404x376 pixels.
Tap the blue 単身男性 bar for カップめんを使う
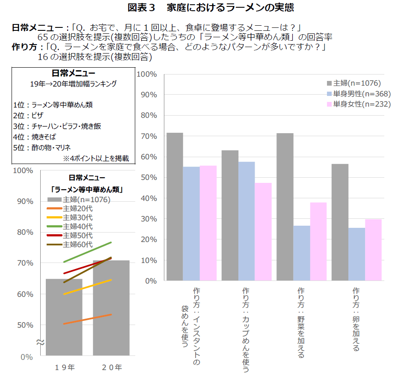(x=247, y=221)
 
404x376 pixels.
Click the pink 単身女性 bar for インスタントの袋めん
(x=208, y=223)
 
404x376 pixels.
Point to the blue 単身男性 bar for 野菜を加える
(x=302, y=253)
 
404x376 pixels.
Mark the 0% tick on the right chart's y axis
(x=151, y=281)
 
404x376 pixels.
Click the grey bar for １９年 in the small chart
(x=64, y=317)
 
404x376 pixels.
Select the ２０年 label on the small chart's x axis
(x=112, y=367)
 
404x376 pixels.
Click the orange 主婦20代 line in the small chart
(x=87, y=319)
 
